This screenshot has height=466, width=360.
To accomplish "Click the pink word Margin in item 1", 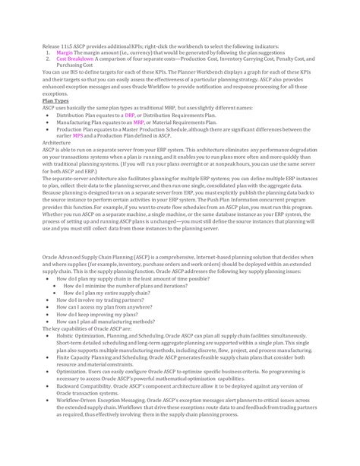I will click(x=65, y=52).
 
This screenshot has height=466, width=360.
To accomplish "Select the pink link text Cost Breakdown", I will click(x=74, y=59).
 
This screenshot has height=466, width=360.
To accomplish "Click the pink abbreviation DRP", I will click(x=141, y=114).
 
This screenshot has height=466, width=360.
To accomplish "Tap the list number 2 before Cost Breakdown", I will click(x=49, y=59).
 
